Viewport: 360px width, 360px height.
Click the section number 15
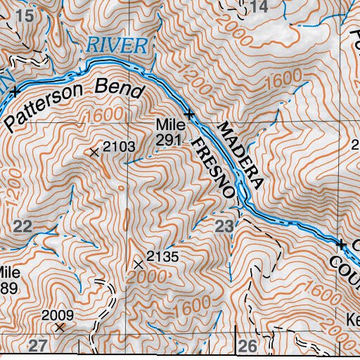pos(25,15)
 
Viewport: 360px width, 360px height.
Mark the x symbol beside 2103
pos(95,151)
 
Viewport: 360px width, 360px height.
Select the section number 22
pos(22,225)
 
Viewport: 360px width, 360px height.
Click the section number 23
pos(224,226)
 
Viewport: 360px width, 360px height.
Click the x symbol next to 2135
pos(138,264)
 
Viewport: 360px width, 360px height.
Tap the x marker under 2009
pos(60,327)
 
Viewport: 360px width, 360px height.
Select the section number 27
pos(37,345)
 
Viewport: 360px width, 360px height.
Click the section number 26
pos(247,345)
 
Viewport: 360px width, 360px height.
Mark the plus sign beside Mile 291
pos(188,113)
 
